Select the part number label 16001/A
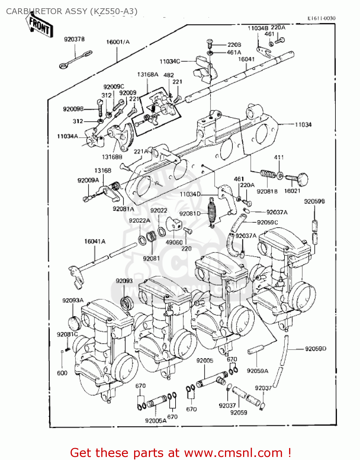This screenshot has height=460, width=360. pyautogui.click(x=118, y=42)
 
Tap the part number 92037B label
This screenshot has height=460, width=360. pyautogui.click(x=74, y=39)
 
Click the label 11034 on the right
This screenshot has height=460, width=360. pyautogui.click(x=303, y=125)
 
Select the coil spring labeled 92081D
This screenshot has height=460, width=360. pyautogui.click(x=212, y=212)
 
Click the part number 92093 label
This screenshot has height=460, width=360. pyautogui.click(x=124, y=281)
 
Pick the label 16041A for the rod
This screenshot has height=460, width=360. pyautogui.click(x=95, y=241)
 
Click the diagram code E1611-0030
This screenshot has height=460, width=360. pyautogui.click(x=321, y=18)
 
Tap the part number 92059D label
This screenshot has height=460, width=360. pyautogui.click(x=315, y=349)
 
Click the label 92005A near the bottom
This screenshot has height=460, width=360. pyautogui.click(x=156, y=421)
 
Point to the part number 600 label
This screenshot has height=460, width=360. pyautogui.click(x=62, y=373)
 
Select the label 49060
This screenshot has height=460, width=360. pyautogui.click(x=174, y=242)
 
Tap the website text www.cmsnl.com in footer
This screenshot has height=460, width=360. pyautogui.click(x=234, y=453)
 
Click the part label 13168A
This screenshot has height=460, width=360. pyautogui.click(x=148, y=75)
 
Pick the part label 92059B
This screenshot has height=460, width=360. pyautogui.click(x=314, y=201)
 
